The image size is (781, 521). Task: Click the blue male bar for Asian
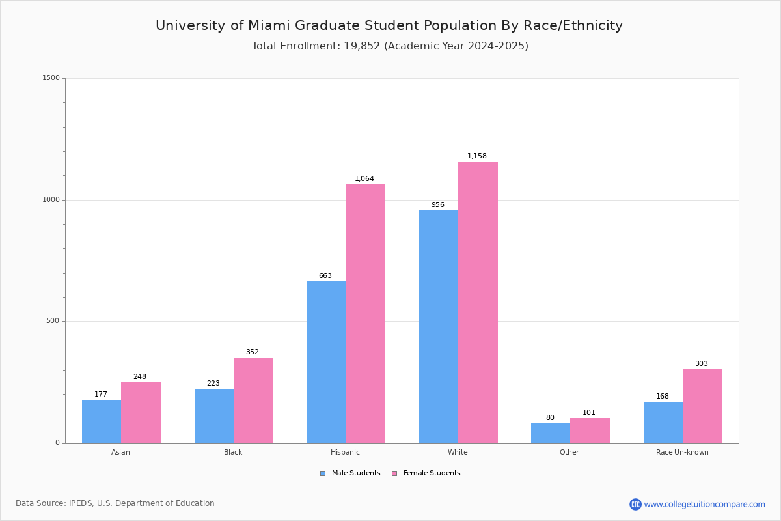[x=102, y=421]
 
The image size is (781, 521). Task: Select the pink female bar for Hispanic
[x=365, y=313]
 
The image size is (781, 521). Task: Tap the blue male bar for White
[x=439, y=327]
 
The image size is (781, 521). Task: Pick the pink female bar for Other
[x=590, y=430]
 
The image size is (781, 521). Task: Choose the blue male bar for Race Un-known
[x=663, y=422]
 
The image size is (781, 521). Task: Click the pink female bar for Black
[x=253, y=401]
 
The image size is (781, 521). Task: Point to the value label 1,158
[x=476, y=156]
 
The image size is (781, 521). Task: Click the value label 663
[x=325, y=275]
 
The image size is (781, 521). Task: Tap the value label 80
[x=550, y=417]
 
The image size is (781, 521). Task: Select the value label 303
[x=702, y=363]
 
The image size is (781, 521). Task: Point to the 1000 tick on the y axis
[x=51, y=199]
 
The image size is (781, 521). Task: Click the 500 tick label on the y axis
[x=53, y=320]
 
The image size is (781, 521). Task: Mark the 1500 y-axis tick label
[x=51, y=77]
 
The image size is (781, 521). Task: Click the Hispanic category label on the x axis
[x=345, y=452]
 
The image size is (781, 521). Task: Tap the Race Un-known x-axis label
[x=682, y=452]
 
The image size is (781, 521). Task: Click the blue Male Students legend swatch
[x=323, y=473]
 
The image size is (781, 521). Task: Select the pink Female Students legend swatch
[x=394, y=473]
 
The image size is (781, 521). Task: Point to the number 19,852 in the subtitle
[x=362, y=46]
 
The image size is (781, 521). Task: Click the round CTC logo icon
[x=635, y=504]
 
